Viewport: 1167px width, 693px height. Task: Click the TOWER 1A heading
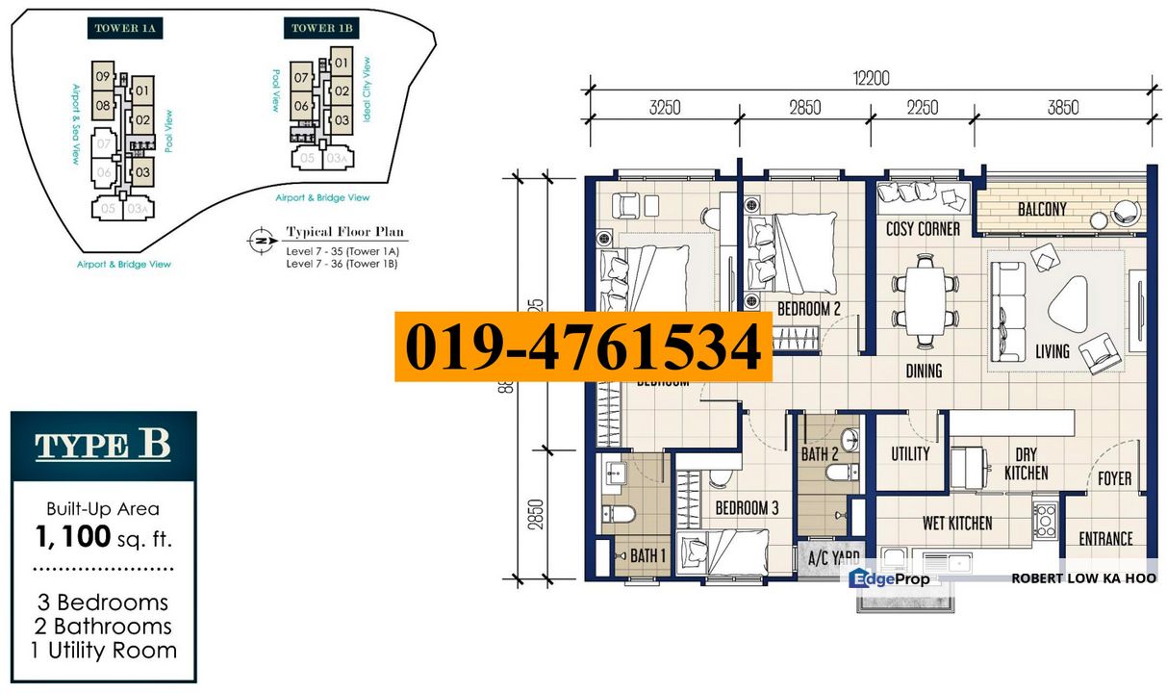pos(124,29)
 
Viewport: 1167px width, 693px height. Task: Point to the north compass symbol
pos(258,238)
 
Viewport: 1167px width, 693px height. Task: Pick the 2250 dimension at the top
pos(922,107)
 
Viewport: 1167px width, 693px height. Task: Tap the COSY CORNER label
pos(923,229)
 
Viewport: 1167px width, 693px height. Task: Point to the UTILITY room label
pos(910,453)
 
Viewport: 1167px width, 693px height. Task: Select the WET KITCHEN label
pos(957,524)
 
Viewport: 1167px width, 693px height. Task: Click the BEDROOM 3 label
pos(747,508)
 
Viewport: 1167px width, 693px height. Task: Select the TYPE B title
pos(103,446)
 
